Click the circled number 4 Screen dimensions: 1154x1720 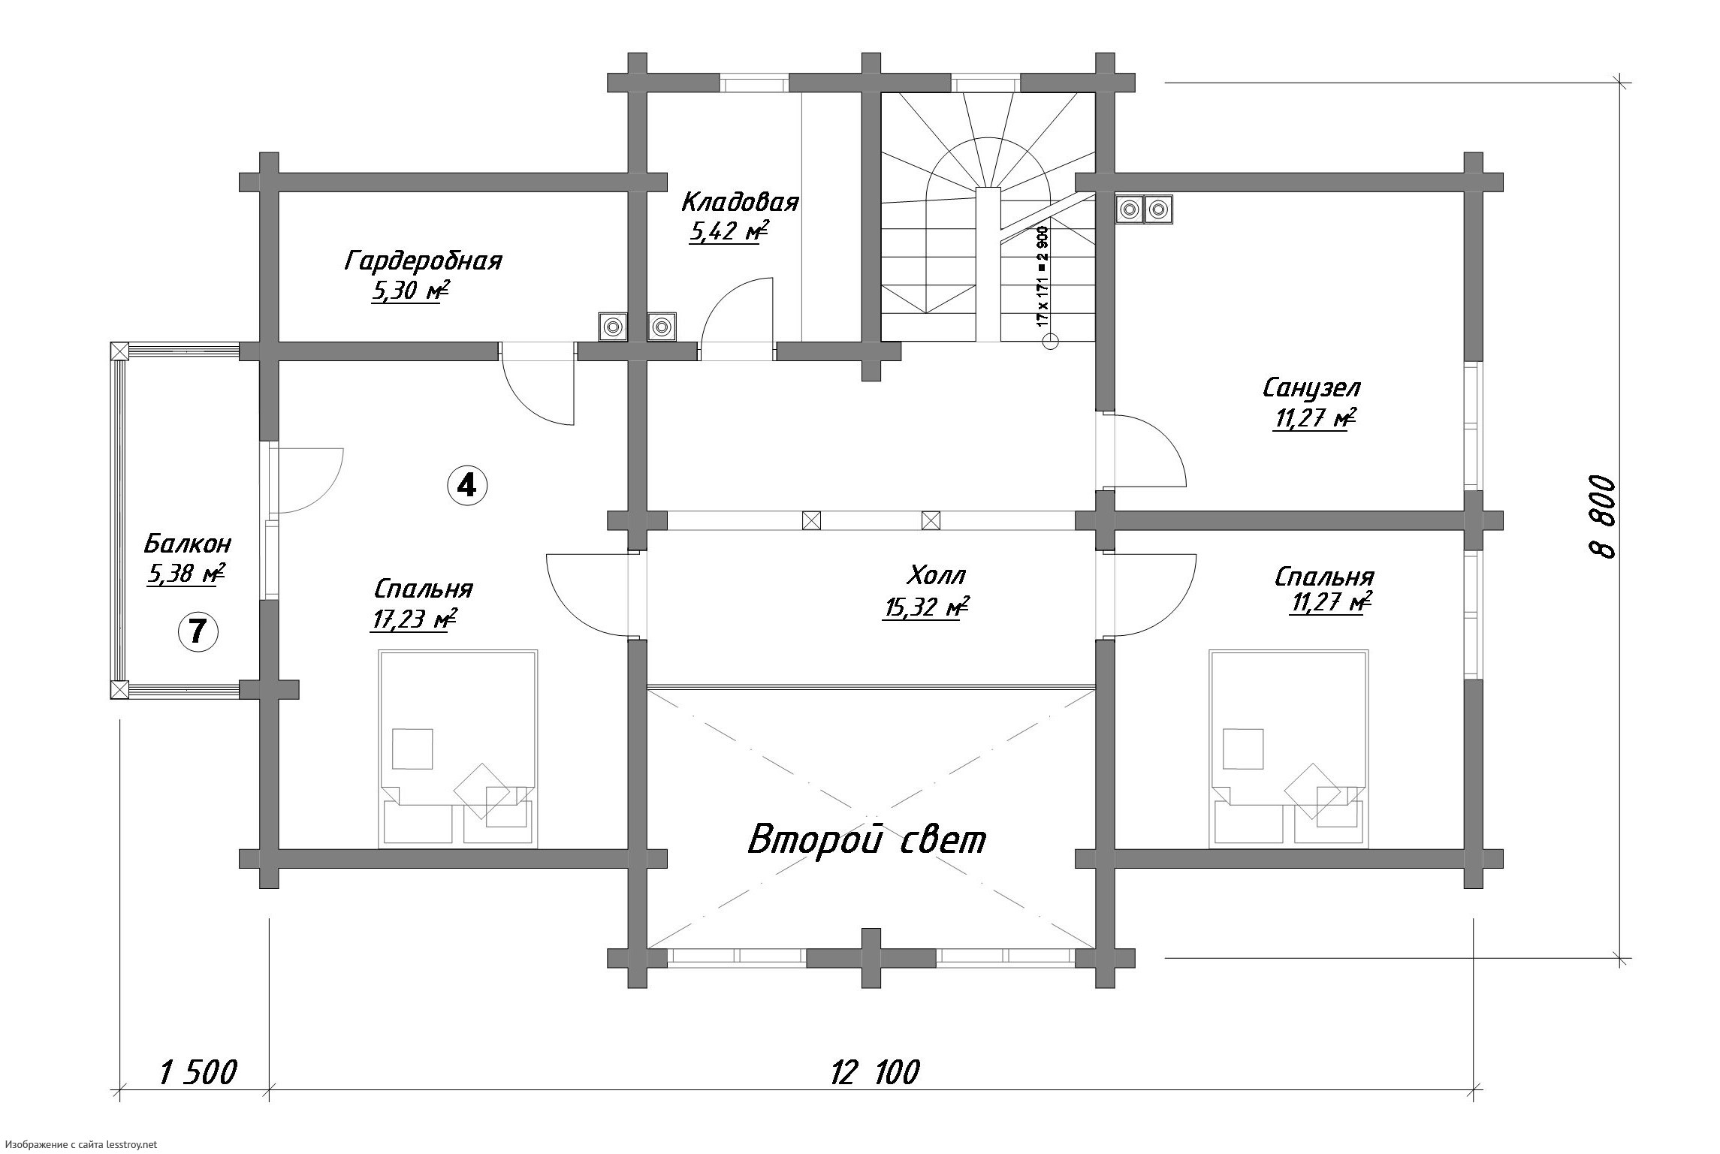point(466,486)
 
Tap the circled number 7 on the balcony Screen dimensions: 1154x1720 point(198,631)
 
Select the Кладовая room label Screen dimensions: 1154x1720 point(740,202)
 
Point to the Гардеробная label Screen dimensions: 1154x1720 point(424,261)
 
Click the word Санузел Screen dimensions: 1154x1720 point(1311,388)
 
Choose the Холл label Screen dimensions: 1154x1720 point(936,575)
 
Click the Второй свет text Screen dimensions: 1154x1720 point(867,840)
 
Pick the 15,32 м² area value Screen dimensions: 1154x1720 point(925,607)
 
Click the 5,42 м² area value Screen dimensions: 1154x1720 point(729,232)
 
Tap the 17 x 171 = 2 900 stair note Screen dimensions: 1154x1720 point(1042,275)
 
